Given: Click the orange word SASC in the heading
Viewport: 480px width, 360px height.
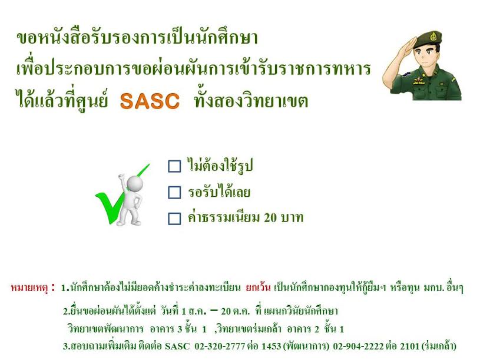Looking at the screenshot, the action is (x=150, y=101).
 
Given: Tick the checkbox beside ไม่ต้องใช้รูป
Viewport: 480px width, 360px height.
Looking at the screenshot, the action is (x=174, y=167).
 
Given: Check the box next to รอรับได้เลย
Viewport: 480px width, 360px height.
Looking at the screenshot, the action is (x=174, y=193).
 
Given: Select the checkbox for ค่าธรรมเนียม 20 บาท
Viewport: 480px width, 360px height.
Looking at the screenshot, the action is (x=174, y=219).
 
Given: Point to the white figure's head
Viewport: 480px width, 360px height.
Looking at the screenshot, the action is (x=135, y=183).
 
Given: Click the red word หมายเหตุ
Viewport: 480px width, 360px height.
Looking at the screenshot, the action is (x=29, y=288).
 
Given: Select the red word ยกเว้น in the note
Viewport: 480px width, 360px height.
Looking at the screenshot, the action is (x=258, y=288).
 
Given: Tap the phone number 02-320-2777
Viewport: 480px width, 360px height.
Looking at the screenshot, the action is (x=220, y=346).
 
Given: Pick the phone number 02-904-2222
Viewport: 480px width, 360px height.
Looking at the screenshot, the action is (x=358, y=346).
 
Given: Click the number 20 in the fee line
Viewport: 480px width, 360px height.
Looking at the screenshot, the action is (x=270, y=218).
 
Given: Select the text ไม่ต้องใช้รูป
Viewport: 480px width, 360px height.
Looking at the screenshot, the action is (x=220, y=166).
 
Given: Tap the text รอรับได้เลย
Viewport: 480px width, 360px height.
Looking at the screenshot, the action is (x=219, y=192).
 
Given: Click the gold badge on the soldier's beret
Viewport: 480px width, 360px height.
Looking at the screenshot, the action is (x=433, y=37).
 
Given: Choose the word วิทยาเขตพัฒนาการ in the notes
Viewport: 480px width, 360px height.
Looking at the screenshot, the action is (x=105, y=329).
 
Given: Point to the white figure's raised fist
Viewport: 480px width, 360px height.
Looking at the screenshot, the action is (x=122, y=177).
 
